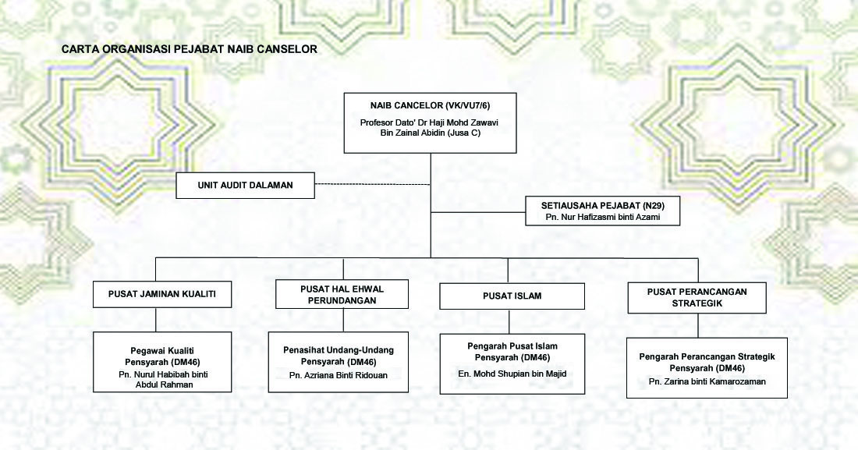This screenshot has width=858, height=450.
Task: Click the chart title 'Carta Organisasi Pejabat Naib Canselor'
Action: pyautogui.click(x=190, y=49)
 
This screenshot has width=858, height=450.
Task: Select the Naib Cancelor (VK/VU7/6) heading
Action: pyautogui.click(x=430, y=105)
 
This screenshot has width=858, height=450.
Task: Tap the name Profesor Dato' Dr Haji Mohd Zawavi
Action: pyautogui.click(x=429, y=122)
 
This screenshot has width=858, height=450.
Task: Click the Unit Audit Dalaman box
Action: pyautogui.click(x=245, y=185)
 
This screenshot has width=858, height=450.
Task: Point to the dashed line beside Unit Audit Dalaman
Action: pyautogui.click(x=373, y=184)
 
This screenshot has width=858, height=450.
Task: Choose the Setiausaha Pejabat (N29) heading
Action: pyautogui.click(x=603, y=206)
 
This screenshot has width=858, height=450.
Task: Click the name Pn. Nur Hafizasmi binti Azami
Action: pyautogui.click(x=603, y=218)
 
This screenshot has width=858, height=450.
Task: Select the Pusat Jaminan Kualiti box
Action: pyautogui.click(x=162, y=295)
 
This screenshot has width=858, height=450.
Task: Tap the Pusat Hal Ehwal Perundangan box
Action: pyautogui.click(x=342, y=295)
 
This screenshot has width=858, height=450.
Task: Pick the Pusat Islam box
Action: pyautogui.click(x=512, y=296)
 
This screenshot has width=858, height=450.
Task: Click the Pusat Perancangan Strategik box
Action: pyautogui.click(x=697, y=298)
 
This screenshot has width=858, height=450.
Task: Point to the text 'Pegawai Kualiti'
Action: pyautogui.click(x=162, y=351)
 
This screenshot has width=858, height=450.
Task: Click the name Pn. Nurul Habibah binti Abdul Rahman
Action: pyautogui.click(x=164, y=379)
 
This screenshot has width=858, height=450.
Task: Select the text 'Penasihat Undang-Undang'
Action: pyautogui.click(x=339, y=350)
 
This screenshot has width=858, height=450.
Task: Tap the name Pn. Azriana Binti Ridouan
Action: pyautogui.click(x=339, y=376)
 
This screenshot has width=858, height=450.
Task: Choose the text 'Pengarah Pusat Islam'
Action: pyautogui.click(x=512, y=346)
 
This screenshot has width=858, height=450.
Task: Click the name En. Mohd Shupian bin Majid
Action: pyautogui.click(x=512, y=374)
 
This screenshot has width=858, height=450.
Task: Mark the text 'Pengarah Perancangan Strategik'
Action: pyautogui.click(x=707, y=357)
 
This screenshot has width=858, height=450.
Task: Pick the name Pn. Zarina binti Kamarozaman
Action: pyautogui.click(x=707, y=381)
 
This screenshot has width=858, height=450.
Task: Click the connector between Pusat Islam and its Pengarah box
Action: pyautogui.click(x=509, y=321)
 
